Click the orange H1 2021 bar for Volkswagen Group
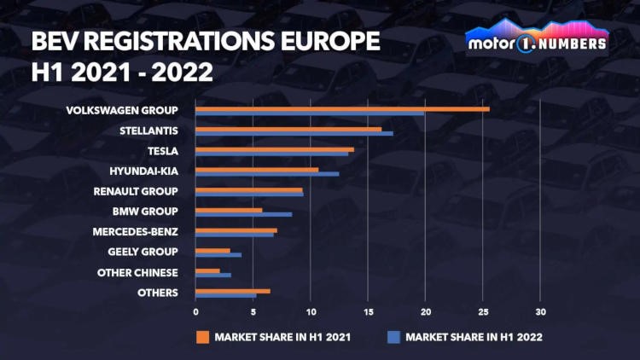(x=341, y=108)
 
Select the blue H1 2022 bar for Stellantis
(x=294, y=133)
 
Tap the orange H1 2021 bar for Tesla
(x=274, y=149)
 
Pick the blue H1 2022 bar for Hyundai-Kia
(x=266, y=174)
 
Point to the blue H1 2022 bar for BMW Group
(x=243, y=214)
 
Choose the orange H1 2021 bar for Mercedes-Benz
(x=236, y=230)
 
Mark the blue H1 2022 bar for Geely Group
(x=218, y=254)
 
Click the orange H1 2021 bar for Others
(x=232, y=291)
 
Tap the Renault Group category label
(x=136, y=191)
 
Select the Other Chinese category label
(x=137, y=272)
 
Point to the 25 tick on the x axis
(x=484, y=311)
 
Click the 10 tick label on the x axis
(x=311, y=311)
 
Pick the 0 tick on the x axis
(x=195, y=311)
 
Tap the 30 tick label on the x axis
(x=541, y=311)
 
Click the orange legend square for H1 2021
(x=202, y=337)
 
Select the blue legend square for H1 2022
(x=393, y=337)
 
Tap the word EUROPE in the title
(x=324, y=42)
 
